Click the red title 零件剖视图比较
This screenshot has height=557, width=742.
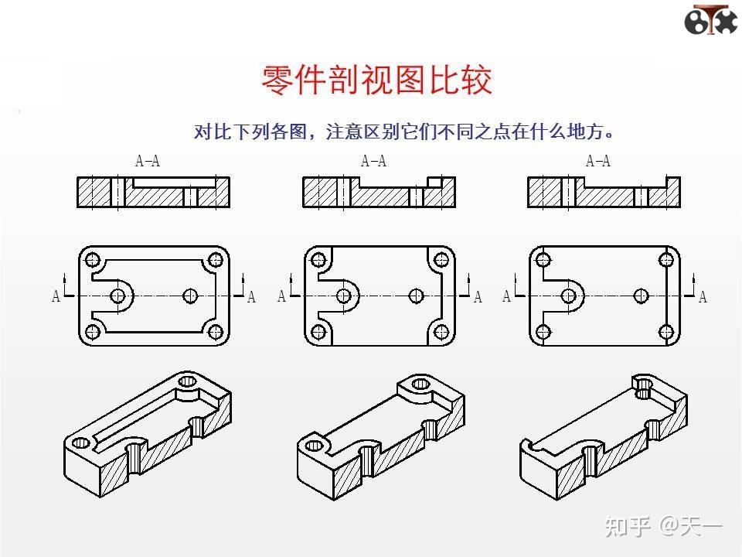(x=376, y=80)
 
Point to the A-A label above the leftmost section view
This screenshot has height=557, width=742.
(x=148, y=162)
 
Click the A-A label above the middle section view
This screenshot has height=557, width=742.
(x=373, y=162)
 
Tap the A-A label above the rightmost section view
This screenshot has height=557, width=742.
(x=598, y=162)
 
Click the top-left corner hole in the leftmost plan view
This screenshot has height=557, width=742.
(x=93, y=260)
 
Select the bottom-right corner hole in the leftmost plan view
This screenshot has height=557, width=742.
(x=216, y=333)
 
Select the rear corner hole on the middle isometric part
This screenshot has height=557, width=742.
(x=420, y=384)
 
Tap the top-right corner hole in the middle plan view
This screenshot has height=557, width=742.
(x=441, y=260)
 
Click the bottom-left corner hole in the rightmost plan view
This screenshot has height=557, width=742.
(x=543, y=333)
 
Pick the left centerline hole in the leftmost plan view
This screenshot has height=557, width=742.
(x=118, y=296)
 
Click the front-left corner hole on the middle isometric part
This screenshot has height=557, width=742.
(x=315, y=444)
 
